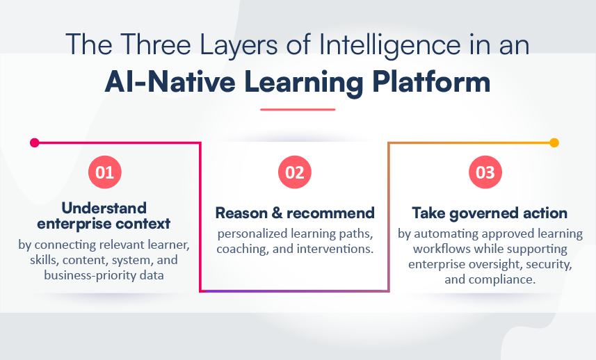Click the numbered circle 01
[104, 172]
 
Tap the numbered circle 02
[295, 172]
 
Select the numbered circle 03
[485, 172]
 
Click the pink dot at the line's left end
[35, 142]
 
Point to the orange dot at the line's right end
[554, 142]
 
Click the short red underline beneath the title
[298, 109]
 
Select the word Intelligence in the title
[390, 45]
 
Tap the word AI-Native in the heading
[170, 81]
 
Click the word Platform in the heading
[431, 81]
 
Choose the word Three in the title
[156, 44]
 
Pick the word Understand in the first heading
[104, 208]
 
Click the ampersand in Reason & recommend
[277, 213]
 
